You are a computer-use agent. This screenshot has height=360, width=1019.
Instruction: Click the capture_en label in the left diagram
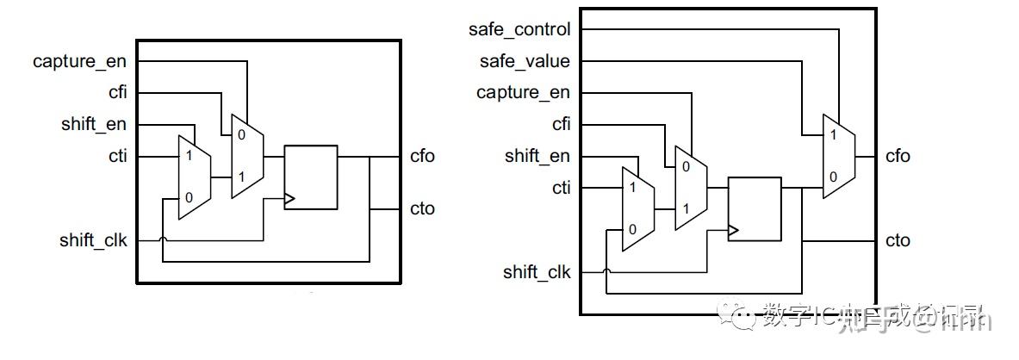[x=79, y=61]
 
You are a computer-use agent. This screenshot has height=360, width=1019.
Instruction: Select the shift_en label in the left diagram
[x=94, y=124]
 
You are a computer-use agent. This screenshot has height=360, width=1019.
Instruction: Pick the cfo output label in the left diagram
[x=422, y=156]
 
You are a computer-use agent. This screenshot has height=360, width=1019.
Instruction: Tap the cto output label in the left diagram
[x=422, y=208]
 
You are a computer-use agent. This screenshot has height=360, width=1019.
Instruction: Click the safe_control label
[x=519, y=29]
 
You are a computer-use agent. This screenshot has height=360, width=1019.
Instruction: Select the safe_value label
[x=525, y=61]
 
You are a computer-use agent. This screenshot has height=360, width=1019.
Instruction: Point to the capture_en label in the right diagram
[x=523, y=92]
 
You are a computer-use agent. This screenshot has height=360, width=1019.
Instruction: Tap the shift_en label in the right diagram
[x=537, y=156]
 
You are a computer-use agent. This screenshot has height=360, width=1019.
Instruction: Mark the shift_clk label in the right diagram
[x=537, y=272]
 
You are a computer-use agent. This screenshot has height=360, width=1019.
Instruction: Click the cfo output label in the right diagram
[x=898, y=156]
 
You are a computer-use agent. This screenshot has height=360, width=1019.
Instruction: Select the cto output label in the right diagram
[x=898, y=240]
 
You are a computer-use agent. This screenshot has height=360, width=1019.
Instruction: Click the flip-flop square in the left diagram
[x=310, y=177]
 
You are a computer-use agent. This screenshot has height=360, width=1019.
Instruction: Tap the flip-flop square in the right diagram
[x=755, y=209]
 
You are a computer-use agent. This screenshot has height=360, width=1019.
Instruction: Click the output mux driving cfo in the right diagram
[x=839, y=156]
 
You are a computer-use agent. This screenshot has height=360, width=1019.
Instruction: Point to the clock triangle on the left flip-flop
[x=289, y=198]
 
